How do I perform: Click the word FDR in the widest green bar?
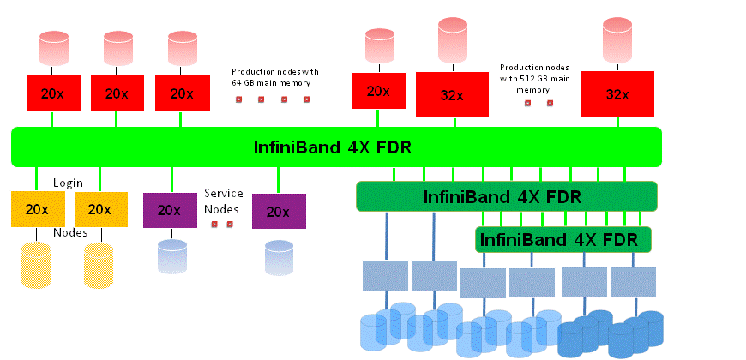point(394,147)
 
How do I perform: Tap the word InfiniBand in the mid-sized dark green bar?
point(468,196)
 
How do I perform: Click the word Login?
point(68,183)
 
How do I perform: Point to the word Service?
point(223,194)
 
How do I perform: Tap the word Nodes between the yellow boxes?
point(70,232)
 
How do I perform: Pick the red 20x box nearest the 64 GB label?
point(183,93)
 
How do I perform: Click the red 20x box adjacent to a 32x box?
point(378,91)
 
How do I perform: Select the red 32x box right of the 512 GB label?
point(617,93)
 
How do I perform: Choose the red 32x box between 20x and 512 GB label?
point(452,94)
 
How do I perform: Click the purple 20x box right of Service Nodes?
point(279,211)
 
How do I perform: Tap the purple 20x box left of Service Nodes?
point(169,210)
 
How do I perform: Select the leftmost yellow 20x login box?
point(38,209)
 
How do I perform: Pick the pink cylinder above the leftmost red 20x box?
point(53,48)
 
